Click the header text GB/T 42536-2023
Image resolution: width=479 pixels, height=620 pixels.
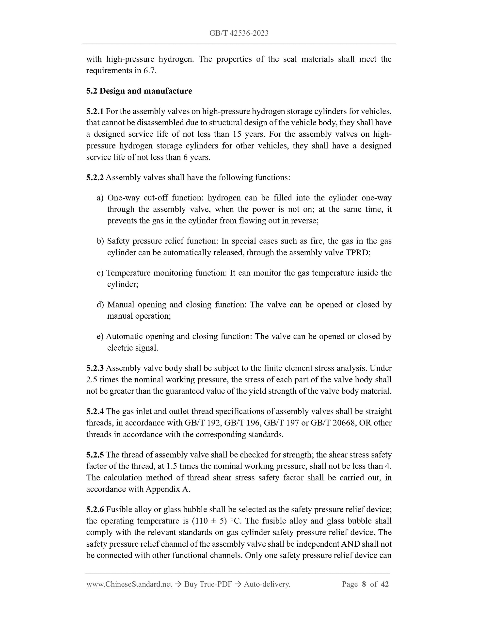coord(239,33)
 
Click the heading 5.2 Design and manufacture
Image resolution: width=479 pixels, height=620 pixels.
coord(139,91)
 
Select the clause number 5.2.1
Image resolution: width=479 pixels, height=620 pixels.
coord(95,111)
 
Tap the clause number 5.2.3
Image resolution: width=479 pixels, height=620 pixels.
coord(95,368)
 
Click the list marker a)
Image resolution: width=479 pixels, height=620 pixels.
coord(100,198)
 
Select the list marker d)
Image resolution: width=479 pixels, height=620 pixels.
coord(100,305)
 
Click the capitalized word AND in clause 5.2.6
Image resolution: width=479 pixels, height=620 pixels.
coord(351,544)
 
